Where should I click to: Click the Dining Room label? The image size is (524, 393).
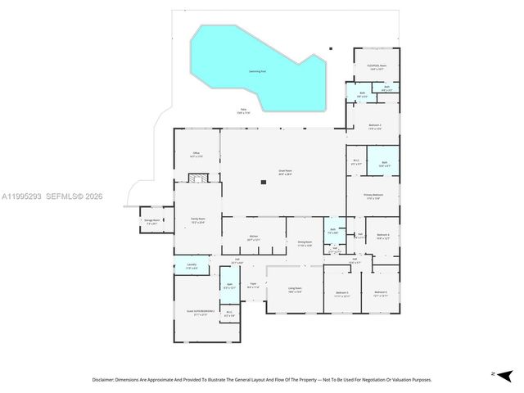[x=305, y=243]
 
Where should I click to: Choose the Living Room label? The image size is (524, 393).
[x=295, y=289]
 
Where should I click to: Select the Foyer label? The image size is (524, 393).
[x=253, y=286]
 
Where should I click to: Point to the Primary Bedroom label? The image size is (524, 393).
[x=373, y=195]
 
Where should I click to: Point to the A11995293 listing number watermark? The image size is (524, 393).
[x=23, y=196]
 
